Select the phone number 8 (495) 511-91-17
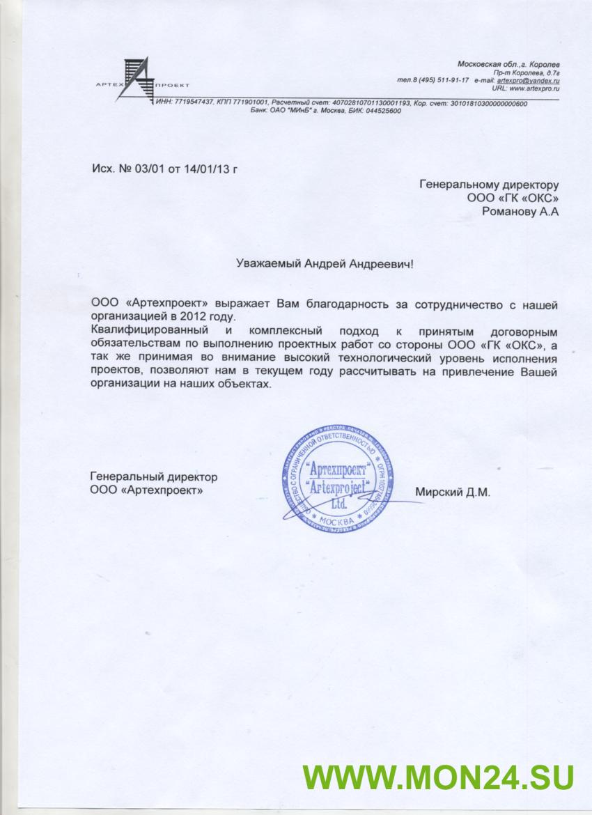point(442,81)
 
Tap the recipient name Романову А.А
point(520,212)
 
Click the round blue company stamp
point(337,483)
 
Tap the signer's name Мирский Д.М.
point(453,492)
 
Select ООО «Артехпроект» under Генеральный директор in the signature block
point(147,490)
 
